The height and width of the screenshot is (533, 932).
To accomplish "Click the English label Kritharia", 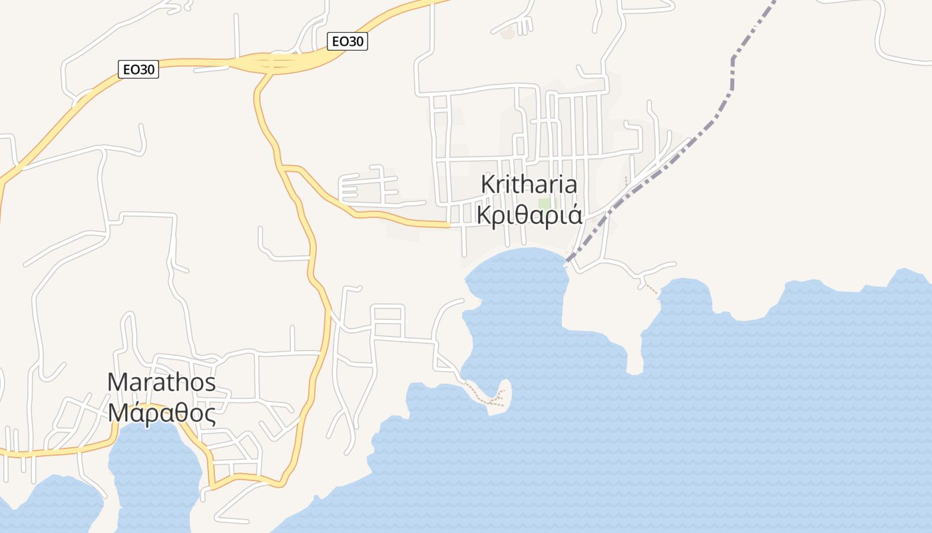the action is point(529,185).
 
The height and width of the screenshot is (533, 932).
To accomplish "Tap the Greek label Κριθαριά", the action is point(529,215).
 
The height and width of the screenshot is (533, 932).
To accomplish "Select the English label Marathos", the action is point(162,382).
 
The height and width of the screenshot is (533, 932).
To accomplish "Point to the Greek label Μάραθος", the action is point(162,414).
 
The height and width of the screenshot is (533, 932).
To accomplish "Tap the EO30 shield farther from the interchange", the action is point(138,69).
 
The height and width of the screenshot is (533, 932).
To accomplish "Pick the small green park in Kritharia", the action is point(545,204).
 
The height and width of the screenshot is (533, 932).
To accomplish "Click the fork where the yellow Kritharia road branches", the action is point(284,167).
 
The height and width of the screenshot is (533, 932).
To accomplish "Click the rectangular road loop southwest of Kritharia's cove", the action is point(388,321).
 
